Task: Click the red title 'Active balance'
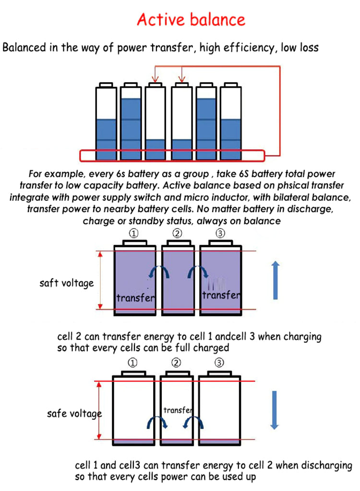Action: [x=191, y=20]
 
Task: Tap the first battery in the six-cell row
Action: [x=106, y=122]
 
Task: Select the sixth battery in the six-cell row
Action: [x=231, y=122]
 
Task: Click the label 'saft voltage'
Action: [x=67, y=283]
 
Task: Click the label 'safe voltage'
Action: [x=74, y=414]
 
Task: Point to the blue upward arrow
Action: [x=275, y=280]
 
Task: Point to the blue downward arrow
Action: [x=274, y=410]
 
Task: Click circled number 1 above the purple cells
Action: [x=133, y=233]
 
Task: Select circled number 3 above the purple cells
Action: [x=220, y=233]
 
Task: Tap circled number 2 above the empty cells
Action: [x=176, y=363]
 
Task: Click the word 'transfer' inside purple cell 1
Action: [x=135, y=298]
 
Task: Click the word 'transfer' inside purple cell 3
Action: [x=221, y=295]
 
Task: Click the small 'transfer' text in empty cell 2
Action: [x=178, y=410]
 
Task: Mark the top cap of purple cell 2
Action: [x=178, y=243]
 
